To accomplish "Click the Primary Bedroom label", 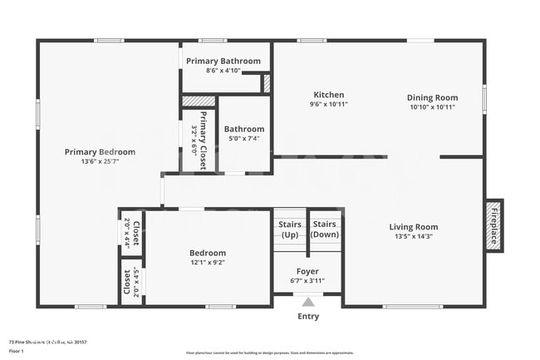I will (x=100, y=152).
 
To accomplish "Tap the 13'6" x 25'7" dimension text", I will (x=100, y=162).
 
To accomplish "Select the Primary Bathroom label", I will (x=223, y=61).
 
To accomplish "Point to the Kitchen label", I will (x=328, y=95).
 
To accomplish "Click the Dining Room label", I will (x=432, y=97).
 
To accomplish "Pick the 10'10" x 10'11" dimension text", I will (x=432, y=107).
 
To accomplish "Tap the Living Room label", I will (x=415, y=227).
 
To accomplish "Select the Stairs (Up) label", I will (x=289, y=229).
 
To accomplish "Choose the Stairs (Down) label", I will (x=324, y=229).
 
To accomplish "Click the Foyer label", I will (x=307, y=271).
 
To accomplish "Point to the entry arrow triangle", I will (x=308, y=303).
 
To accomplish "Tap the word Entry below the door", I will (x=308, y=316).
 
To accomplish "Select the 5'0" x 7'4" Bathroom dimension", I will (x=243, y=139).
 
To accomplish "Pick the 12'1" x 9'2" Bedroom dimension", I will (x=207, y=263).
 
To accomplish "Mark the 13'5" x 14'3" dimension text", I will (x=415, y=237).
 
